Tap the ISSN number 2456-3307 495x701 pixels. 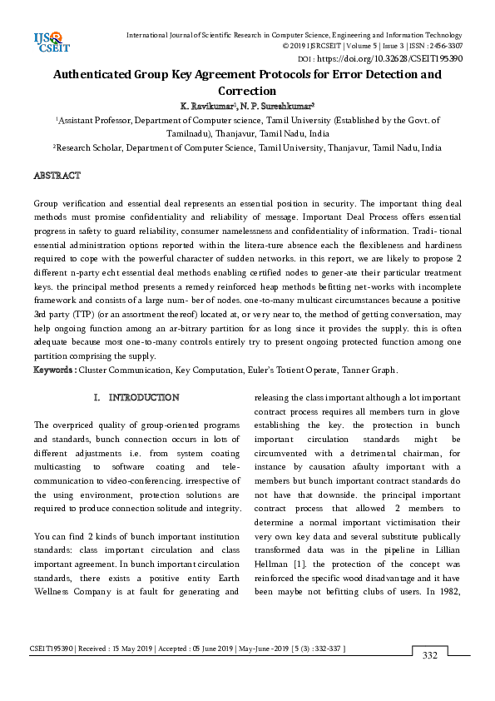coord(444,47)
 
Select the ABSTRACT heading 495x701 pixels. coord(57,176)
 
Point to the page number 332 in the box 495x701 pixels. coord(429,656)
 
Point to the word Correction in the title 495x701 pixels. coord(247,91)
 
